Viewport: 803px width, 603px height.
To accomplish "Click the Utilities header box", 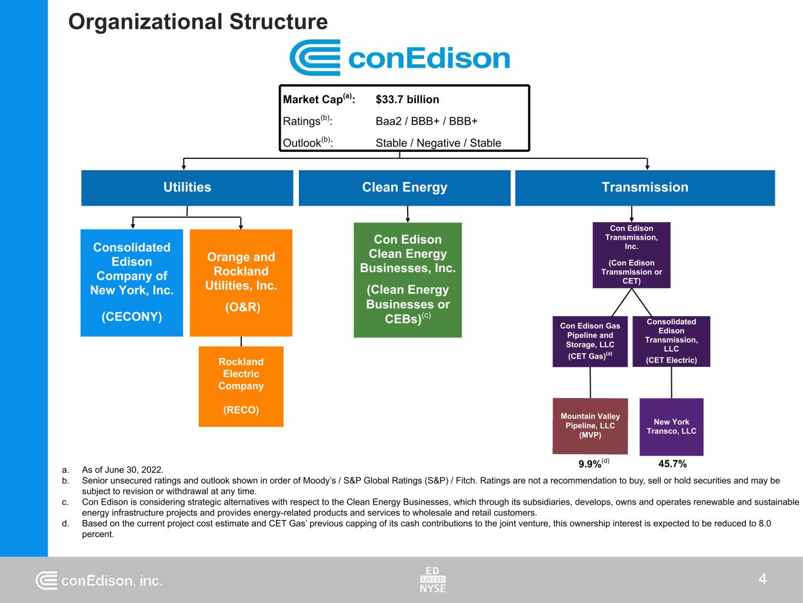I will [187, 188].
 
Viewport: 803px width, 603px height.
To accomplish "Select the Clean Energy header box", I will [405, 188].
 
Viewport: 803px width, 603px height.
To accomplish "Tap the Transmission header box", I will [645, 188].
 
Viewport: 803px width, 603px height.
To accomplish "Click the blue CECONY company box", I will [132, 283].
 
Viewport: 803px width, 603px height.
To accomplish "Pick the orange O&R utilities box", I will [241, 283].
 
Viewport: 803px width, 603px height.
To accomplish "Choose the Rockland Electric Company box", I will [241, 386].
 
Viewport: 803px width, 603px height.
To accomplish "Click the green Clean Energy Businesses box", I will [408, 280].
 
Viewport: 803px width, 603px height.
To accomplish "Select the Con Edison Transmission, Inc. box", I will [631, 255].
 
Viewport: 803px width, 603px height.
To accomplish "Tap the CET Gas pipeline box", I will [590, 342].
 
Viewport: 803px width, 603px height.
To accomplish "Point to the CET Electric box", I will [671, 342].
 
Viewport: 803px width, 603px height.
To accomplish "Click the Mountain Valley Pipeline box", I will [590, 426].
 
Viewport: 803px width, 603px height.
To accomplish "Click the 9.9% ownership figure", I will [590, 464].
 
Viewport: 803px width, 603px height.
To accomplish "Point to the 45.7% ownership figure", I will [672, 464].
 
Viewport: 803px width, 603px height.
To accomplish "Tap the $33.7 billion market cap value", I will [407, 100].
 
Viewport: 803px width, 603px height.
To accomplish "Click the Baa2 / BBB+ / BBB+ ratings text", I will [427, 121].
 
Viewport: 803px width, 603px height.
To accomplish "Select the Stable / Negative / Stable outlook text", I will [438, 143].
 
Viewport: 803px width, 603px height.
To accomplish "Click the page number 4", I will [762, 579].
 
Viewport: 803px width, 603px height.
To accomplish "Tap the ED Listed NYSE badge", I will [432, 579].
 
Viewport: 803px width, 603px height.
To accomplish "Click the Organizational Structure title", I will [198, 22].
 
